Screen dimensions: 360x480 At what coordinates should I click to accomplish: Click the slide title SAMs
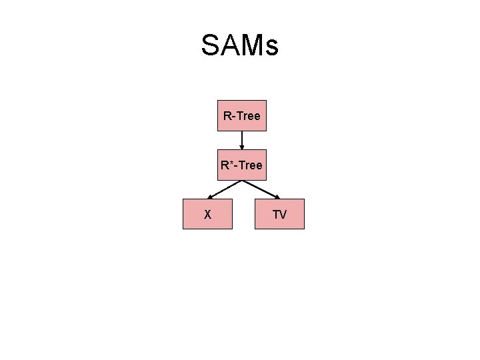point(239,46)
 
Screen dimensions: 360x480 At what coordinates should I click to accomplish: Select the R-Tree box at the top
point(242,116)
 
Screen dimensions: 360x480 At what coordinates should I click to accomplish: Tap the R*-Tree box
point(242,165)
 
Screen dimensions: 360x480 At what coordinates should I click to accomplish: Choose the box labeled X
point(207,214)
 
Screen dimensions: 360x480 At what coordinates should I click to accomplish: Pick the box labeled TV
point(279,214)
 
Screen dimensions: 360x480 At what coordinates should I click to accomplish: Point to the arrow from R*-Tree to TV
point(261,189)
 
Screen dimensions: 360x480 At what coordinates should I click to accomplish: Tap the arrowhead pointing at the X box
point(208,197)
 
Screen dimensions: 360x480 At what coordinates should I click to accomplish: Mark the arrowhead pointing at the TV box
point(277,197)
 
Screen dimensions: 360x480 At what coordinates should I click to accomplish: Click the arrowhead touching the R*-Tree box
point(242,147)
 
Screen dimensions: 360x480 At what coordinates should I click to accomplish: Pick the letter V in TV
point(283,215)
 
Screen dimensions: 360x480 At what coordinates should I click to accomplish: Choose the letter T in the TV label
point(275,215)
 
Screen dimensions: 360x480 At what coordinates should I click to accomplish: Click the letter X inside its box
point(207,215)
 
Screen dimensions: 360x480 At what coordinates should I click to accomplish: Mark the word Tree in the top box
point(248,116)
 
